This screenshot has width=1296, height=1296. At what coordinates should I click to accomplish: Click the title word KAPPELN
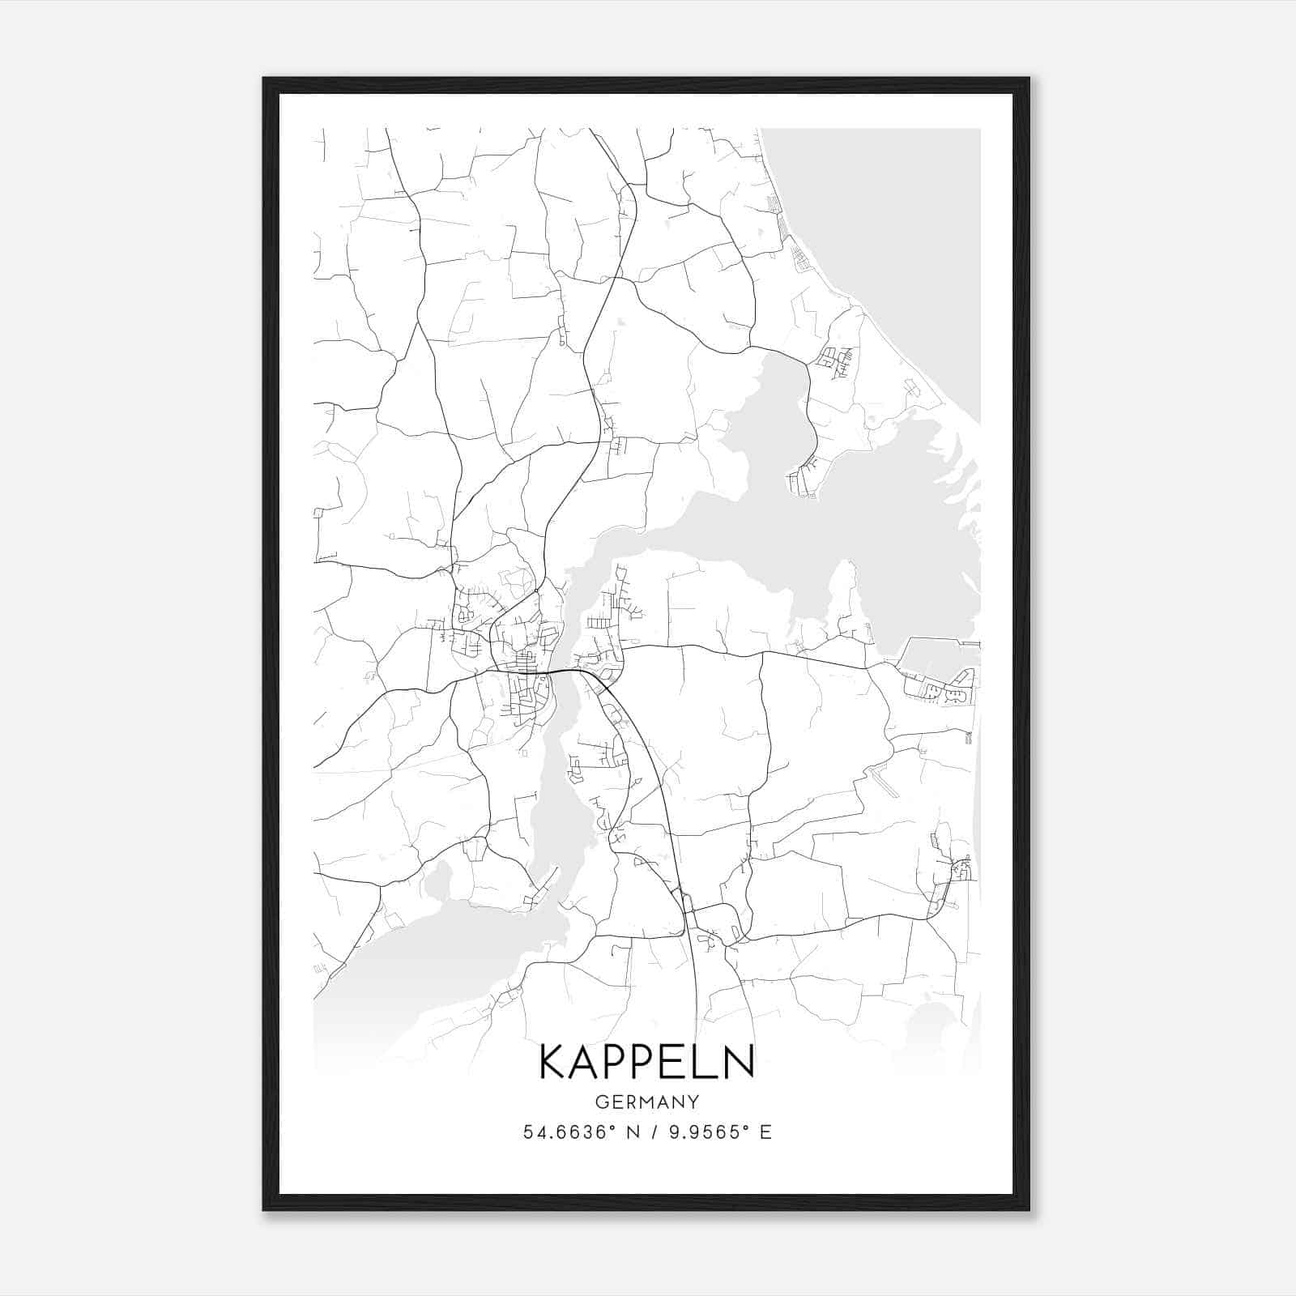[646, 1062]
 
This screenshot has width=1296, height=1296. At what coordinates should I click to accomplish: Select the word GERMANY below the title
[647, 1102]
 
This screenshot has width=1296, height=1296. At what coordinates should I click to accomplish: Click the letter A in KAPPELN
[586, 1062]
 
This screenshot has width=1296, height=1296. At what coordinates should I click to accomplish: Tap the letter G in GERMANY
[601, 1102]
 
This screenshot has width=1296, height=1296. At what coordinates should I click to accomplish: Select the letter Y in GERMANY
[693, 1102]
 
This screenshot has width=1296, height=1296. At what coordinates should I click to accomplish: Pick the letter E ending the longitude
[765, 1132]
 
